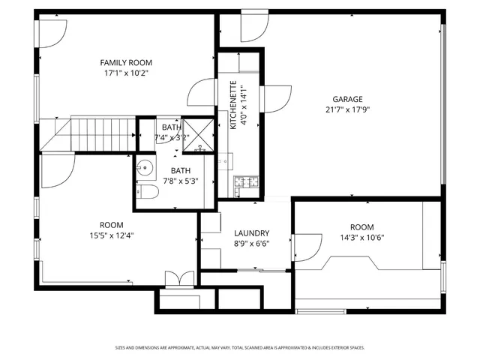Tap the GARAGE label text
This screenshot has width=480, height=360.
click(x=347, y=99)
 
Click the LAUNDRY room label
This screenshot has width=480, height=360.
click(x=251, y=233)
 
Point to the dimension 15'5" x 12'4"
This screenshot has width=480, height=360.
click(x=111, y=235)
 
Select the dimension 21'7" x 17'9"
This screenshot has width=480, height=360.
click(x=347, y=109)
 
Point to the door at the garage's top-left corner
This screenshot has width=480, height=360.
click(x=253, y=28)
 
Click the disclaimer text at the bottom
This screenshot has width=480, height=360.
click(x=240, y=348)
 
